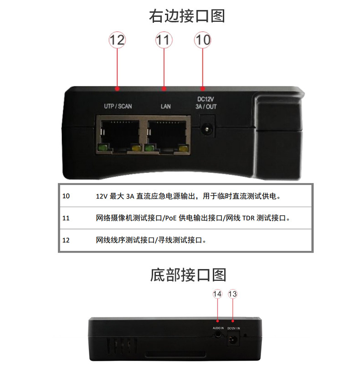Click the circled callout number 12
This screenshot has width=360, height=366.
(x=117, y=40)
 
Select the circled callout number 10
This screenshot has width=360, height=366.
(x=202, y=40)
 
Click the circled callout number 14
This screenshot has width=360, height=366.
(x=217, y=294)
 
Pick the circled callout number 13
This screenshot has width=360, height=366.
(x=233, y=294)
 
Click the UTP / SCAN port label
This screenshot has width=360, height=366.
(x=118, y=107)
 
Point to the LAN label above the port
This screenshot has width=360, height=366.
(x=165, y=107)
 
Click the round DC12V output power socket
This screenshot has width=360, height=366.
(x=208, y=130)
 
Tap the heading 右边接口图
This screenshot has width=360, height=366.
(x=187, y=16)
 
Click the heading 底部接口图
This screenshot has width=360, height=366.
(x=188, y=275)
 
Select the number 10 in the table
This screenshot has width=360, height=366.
(x=67, y=196)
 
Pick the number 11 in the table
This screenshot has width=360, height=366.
(x=66, y=218)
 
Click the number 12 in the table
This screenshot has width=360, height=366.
(x=67, y=239)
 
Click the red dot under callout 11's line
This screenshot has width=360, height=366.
(x=164, y=88)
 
